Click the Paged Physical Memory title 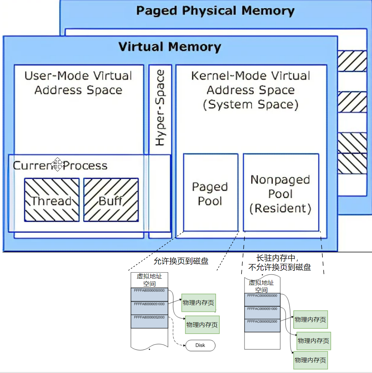[215, 11]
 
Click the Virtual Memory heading [170, 47]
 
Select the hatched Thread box [52, 200]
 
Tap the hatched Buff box [111, 200]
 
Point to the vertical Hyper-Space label [160, 108]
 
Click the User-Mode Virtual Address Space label [78, 83]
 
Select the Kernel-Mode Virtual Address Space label [250, 90]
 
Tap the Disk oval [200, 345]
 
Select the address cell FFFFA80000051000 [149, 308]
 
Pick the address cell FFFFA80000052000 [149, 321]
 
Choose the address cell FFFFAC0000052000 [262, 325]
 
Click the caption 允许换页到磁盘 [181, 261]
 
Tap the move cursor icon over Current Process [57, 164]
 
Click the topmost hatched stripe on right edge [352, 61]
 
